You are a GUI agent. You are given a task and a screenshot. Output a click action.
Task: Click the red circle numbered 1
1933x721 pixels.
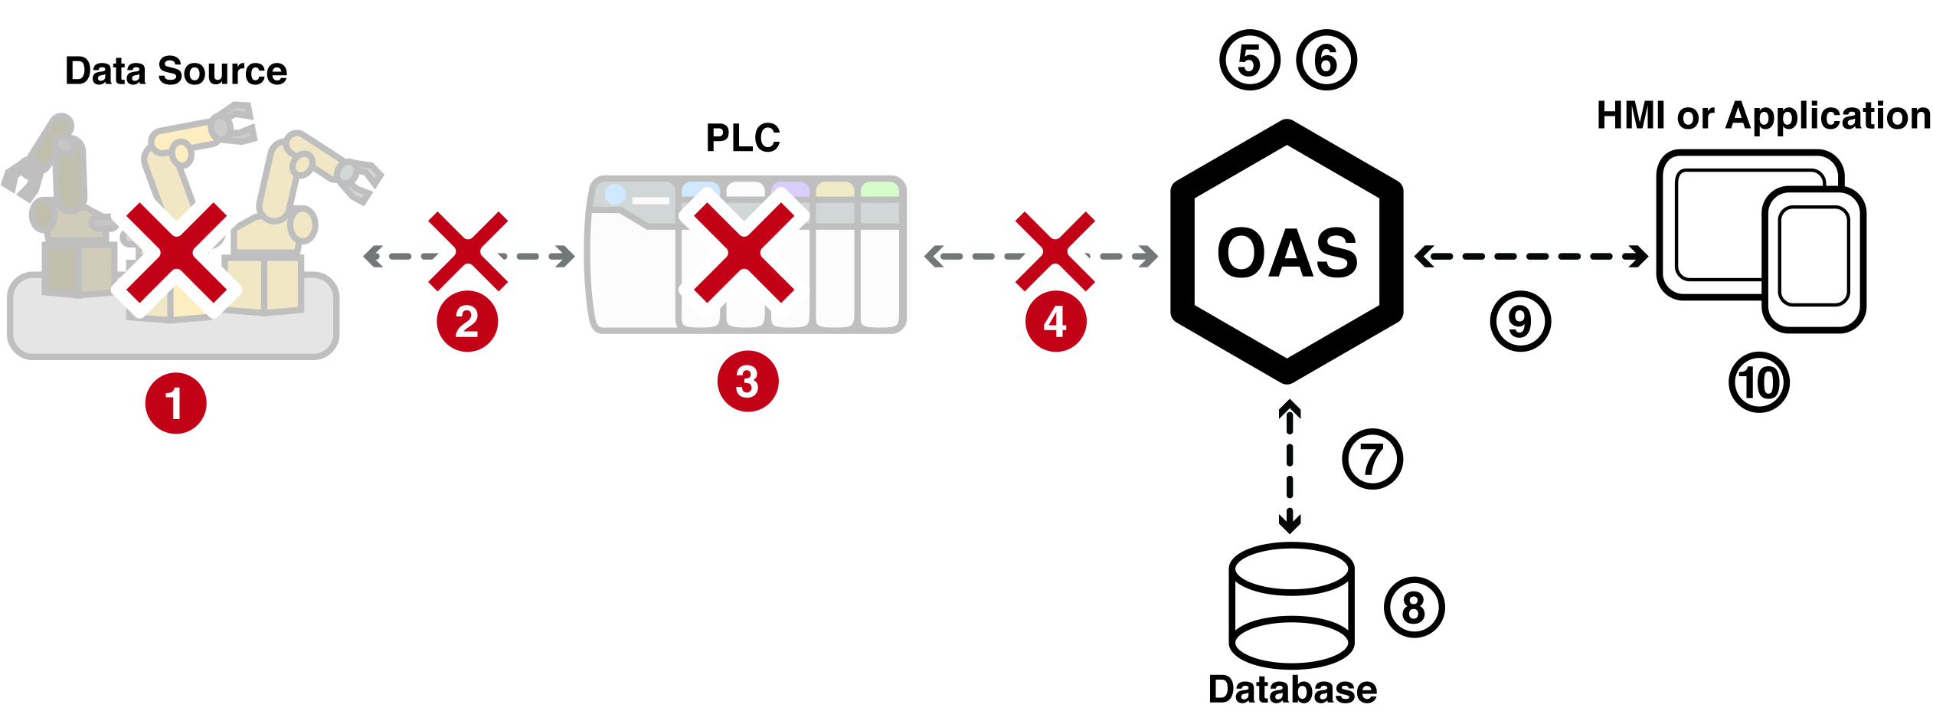(x=175, y=403)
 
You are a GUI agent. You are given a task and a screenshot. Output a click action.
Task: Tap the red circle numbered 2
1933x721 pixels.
(x=467, y=321)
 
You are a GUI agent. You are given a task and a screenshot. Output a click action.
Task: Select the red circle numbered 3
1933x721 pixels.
(x=747, y=382)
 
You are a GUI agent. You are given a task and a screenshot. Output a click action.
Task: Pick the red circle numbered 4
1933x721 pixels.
(x=1055, y=321)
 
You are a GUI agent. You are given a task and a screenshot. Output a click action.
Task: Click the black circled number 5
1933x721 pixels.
(x=1250, y=61)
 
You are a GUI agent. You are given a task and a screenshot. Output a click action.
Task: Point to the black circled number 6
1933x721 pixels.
(x=1326, y=61)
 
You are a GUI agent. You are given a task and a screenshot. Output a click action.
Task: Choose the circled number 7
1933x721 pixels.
(x=1372, y=459)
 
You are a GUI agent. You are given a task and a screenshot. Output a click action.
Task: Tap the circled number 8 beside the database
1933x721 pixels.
(x=1414, y=608)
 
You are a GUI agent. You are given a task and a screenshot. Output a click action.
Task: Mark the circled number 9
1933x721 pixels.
(x=1520, y=321)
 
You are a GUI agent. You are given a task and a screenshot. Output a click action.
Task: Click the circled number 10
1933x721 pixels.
(x=1759, y=382)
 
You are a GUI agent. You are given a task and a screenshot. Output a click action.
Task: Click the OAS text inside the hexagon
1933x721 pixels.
(x=1287, y=252)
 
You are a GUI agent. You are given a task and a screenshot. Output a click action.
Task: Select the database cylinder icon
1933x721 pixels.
(x=1291, y=606)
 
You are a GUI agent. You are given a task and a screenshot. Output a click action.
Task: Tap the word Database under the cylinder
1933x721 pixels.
(x=1292, y=690)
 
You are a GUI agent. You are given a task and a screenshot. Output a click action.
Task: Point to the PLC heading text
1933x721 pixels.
(x=743, y=138)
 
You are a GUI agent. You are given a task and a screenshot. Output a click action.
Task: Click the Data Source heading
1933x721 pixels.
(x=176, y=71)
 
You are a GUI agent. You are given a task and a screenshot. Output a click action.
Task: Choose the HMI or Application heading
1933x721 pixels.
(x=1764, y=116)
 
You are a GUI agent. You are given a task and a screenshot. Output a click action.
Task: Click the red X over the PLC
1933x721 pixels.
(x=744, y=252)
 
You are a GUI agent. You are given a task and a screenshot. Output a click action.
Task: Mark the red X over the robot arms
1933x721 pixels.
(x=176, y=252)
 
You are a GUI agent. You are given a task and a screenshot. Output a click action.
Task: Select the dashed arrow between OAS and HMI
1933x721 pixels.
(x=1532, y=256)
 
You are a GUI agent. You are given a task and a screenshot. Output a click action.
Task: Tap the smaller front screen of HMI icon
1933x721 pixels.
(x=1814, y=259)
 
